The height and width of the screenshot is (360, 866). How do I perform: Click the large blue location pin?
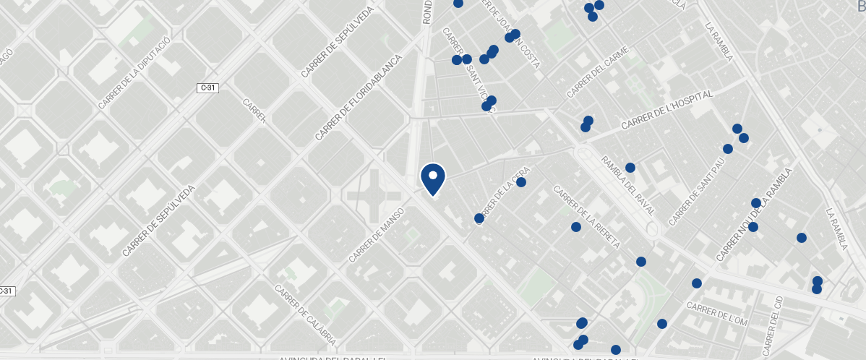coord(432,179)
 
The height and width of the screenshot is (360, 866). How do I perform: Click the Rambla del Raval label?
coord(627,187)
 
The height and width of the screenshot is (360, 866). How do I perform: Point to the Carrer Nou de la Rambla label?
coord(755,215)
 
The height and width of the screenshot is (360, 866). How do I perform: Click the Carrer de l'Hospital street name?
coord(667,111)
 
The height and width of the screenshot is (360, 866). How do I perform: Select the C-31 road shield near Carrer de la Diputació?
coord(207,87)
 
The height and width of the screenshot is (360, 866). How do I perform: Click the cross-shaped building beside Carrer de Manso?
coord(374,196)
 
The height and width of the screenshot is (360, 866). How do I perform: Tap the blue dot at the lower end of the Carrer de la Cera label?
coord(479,218)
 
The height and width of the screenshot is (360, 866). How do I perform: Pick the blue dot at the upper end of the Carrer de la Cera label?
coord(521,182)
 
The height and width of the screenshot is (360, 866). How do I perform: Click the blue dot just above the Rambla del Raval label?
coord(630,168)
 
